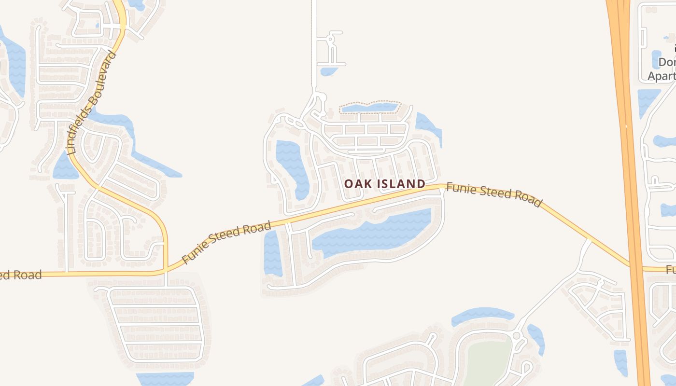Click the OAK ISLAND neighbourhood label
tap(384, 184)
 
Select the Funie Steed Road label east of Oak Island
tap(493, 194)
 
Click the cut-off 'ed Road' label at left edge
tap(20, 276)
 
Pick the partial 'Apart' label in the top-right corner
tap(661, 76)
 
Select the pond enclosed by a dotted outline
tap(369, 108)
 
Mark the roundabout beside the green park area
tap(516, 335)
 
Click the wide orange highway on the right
tap(628, 145)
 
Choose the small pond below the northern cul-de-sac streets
tap(329, 71)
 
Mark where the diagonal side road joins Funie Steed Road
tap(589, 239)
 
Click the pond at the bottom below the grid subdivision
tap(164, 379)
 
